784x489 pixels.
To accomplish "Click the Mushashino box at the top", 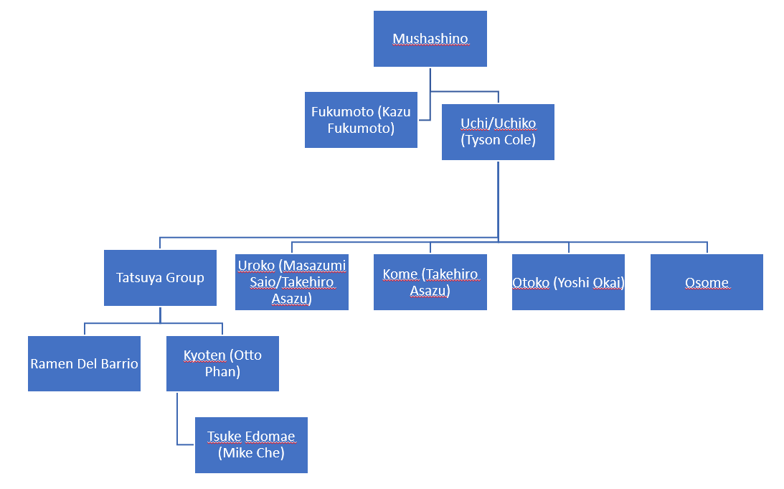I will (x=430, y=39).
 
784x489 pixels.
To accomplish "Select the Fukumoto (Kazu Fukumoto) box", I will (x=361, y=120).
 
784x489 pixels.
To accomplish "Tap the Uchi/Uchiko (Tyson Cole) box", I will (x=498, y=132).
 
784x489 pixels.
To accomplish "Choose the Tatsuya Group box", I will (x=160, y=278).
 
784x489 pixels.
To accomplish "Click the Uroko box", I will (x=292, y=282).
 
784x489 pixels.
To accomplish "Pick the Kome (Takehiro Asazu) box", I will (x=430, y=282).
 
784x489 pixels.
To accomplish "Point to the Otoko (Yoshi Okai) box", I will (x=568, y=282).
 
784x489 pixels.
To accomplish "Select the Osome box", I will (x=707, y=282).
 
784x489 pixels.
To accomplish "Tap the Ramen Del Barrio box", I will (x=84, y=363).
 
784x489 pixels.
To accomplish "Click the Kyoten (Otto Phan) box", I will (x=222, y=363).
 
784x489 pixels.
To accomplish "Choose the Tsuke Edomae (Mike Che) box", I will (x=251, y=444).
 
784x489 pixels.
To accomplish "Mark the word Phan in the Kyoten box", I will (x=222, y=372).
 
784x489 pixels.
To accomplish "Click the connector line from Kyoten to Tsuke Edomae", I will (x=177, y=424).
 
